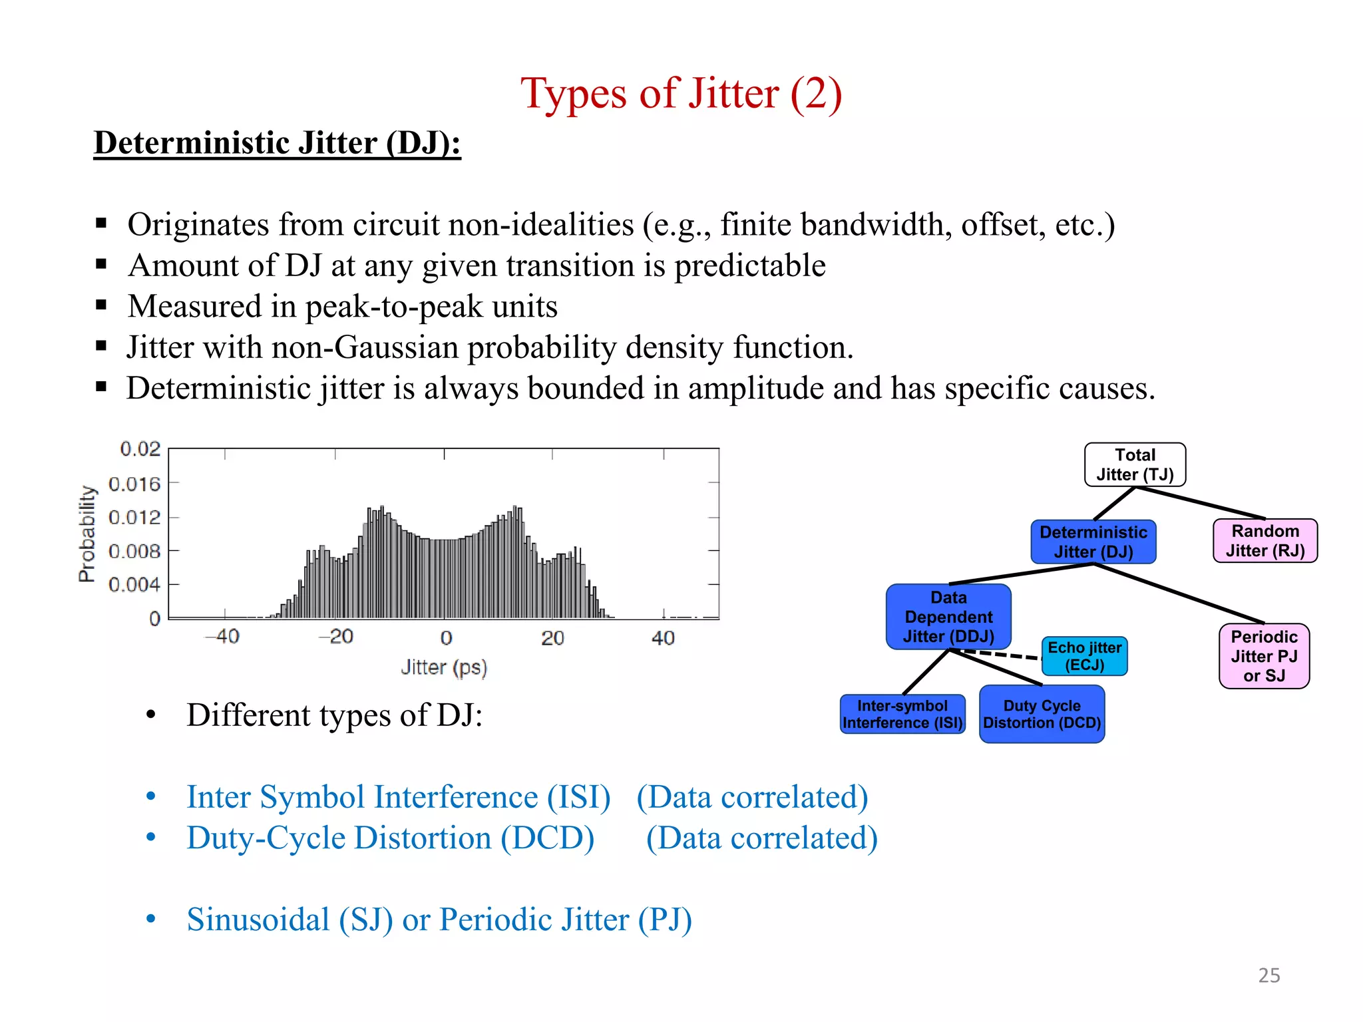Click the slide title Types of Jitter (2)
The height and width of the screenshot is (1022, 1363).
click(x=681, y=93)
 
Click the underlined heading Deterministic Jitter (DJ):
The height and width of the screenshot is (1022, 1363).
click(x=277, y=143)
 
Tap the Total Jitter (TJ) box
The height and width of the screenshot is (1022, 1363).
click(x=1135, y=464)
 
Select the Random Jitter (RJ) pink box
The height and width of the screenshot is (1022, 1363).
click(x=1265, y=541)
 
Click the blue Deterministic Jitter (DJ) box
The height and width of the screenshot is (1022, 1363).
click(x=1093, y=542)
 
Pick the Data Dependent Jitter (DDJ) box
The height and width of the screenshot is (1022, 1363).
click(x=948, y=617)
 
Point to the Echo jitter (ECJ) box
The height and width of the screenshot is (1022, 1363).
click(x=1084, y=656)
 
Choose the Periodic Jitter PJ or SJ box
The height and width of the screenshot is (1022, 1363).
click(x=1263, y=656)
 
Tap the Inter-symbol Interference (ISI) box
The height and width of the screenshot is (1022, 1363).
click(x=902, y=714)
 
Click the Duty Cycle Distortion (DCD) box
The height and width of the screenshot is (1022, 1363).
click(x=1042, y=714)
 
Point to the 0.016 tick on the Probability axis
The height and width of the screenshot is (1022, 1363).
click(x=134, y=484)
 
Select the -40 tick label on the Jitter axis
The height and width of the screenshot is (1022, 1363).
click(x=222, y=637)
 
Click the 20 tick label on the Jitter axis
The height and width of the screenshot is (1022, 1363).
click(x=552, y=638)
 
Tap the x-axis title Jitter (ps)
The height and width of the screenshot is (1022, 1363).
click(x=444, y=667)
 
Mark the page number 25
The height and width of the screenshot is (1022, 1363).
click(x=1268, y=975)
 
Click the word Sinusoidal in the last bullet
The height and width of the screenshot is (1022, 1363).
click(x=258, y=920)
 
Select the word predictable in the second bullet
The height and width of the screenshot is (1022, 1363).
click(x=750, y=265)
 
